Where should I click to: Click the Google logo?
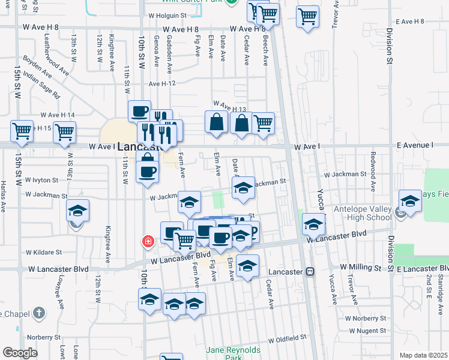tap(20, 352)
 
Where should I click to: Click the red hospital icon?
tap(146, 242)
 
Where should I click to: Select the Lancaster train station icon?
tap(310, 271)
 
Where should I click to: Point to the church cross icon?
tap(38, 313)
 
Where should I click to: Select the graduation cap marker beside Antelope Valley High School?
tap(410, 202)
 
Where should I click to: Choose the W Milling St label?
tap(360, 266)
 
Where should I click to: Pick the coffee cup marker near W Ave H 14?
tap(139, 111)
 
